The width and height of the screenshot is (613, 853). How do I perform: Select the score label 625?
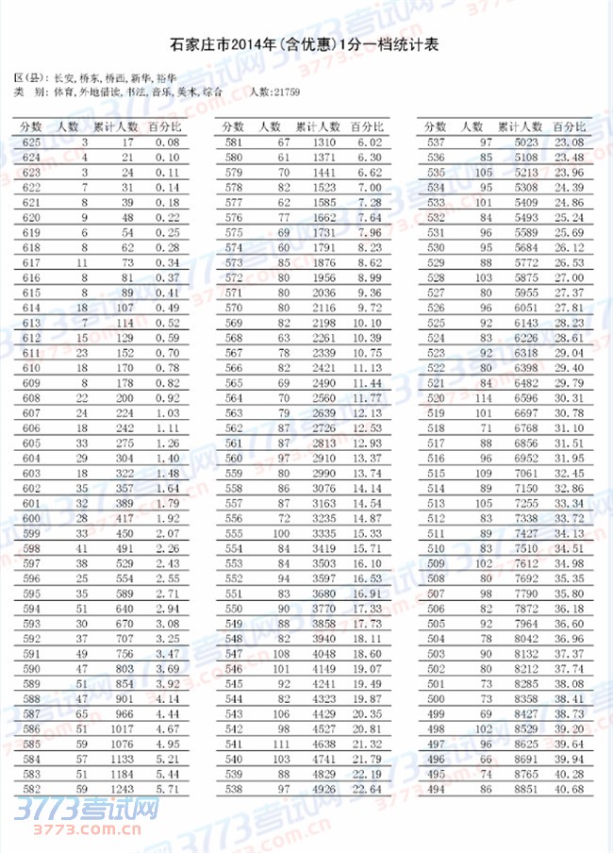pyautogui.click(x=29, y=142)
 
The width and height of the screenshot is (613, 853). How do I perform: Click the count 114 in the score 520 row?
pyautogui.click(x=485, y=398)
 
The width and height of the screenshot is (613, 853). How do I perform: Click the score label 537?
pyautogui.click(x=436, y=142)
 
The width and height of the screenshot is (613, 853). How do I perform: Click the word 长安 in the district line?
pyautogui.click(x=64, y=77)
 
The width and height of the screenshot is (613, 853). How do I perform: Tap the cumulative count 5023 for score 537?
pyautogui.click(x=524, y=142)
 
